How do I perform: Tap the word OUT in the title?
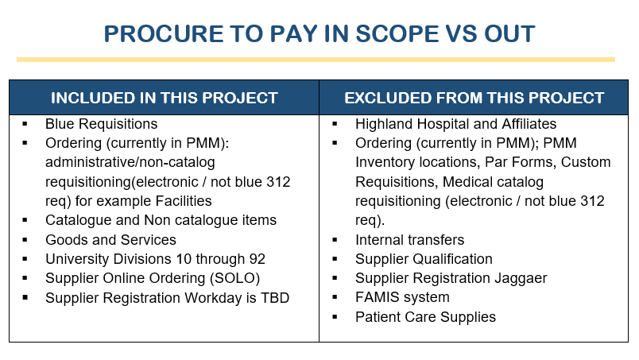509,33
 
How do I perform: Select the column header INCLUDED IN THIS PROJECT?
165,98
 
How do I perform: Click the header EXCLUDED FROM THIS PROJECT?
474,98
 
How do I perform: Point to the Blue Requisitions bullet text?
102,124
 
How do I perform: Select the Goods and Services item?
110,240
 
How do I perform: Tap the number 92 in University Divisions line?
258,259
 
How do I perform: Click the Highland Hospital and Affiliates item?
455,124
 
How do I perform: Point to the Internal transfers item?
409,240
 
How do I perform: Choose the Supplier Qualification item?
424,259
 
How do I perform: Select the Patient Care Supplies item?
425,317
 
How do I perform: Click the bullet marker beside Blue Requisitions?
25,123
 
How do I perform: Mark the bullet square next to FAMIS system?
335,296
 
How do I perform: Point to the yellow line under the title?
316,60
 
